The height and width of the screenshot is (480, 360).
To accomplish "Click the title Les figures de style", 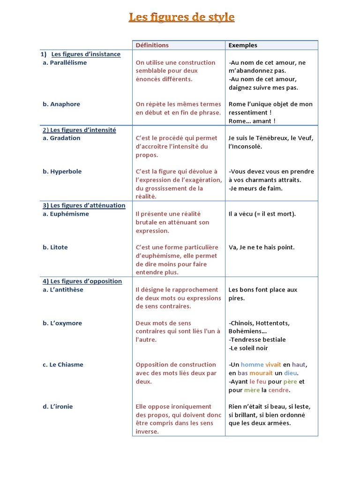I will [x=181, y=18].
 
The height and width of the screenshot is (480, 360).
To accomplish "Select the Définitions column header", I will [x=152, y=45].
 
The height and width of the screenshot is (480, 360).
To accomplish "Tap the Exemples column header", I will [x=242, y=45].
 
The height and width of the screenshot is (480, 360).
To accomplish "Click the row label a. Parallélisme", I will [x=65, y=63].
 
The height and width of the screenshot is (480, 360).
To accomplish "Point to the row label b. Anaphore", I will [x=61, y=105].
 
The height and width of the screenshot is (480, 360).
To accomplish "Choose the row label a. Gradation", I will [x=61, y=138].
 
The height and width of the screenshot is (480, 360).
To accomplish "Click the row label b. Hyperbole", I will [x=62, y=172].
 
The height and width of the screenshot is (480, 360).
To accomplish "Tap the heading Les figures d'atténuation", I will [x=84, y=205].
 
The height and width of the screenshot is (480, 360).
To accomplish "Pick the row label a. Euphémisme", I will [x=66, y=214].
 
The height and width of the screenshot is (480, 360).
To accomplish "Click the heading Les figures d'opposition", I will [x=82, y=281].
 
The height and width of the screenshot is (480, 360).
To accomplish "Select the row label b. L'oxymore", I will [x=62, y=323].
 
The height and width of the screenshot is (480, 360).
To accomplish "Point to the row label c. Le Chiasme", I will [x=63, y=365].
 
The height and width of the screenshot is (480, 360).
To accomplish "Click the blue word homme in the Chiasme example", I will [x=252, y=365].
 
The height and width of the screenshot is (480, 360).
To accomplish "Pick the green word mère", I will [x=252, y=390].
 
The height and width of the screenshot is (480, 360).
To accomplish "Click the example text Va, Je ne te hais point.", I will [x=262, y=247].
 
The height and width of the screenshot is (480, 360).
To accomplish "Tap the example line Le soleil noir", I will [x=248, y=348].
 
